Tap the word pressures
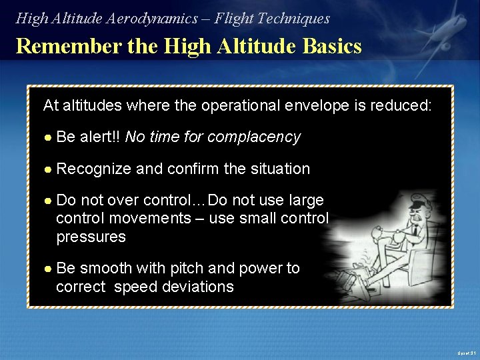[x=91, y=237]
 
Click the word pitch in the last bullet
[x=188, y=269]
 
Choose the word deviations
[x=201, y=287]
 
